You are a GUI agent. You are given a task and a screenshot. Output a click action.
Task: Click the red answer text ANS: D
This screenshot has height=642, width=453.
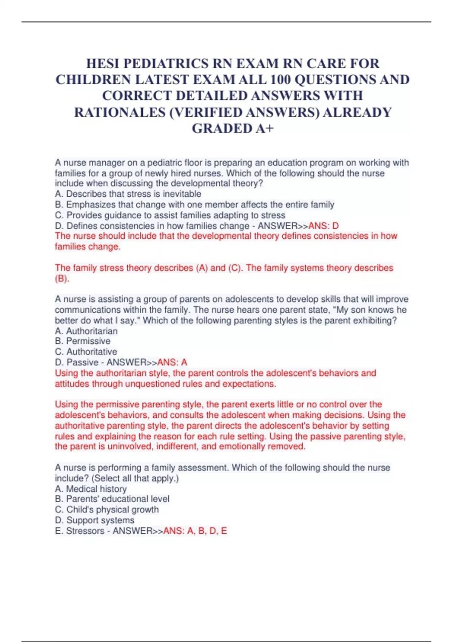(x=324, y=226)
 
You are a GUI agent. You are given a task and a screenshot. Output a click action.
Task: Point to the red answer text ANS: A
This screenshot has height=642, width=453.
(x=172, y=362)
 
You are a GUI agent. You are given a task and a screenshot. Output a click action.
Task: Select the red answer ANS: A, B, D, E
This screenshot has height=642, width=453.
(x=195, y=531)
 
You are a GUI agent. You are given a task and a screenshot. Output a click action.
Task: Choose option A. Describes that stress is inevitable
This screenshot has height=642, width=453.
(x=128, y=194)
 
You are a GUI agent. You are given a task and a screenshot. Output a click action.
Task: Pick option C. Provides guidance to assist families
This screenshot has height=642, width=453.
(x=170, y=215)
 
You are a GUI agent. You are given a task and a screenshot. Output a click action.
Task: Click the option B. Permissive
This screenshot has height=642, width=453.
(x=83, y=341)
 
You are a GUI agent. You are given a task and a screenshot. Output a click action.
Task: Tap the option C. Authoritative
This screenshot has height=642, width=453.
(x=86, y=352)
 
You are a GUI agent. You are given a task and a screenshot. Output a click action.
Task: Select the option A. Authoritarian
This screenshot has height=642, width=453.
(x=86, y=331)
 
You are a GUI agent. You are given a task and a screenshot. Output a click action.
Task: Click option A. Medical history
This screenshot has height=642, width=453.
(x=91, y=489)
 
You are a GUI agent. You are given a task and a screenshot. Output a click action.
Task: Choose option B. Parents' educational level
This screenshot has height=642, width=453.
(x=112, y=499)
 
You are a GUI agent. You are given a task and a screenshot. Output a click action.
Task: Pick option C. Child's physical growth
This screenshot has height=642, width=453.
(x=107, y=509)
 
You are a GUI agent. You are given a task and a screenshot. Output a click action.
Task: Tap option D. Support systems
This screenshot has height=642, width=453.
(x=94, y=520)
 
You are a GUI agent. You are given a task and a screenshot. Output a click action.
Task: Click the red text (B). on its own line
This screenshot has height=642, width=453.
(x=62, y=279)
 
